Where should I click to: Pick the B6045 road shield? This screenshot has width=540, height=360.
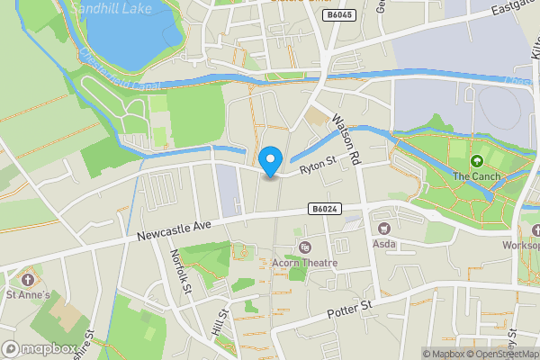coord(339,15)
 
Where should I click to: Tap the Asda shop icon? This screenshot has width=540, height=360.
coord(385,228)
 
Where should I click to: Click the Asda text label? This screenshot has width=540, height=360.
coord(385,244)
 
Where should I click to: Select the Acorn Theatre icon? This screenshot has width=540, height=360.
coord(304,247)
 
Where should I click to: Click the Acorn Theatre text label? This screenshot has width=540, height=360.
coord(304,263)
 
